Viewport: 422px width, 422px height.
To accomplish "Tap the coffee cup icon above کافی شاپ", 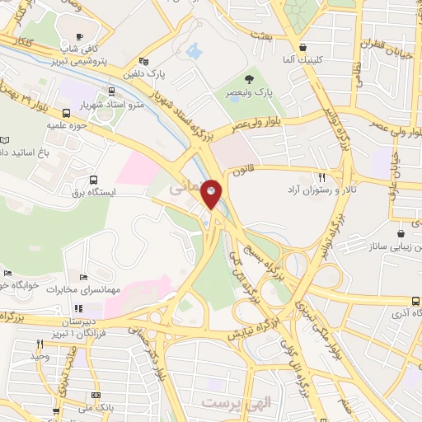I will (x=80, y=36).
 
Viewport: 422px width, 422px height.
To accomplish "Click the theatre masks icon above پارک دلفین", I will (x=143, y=60).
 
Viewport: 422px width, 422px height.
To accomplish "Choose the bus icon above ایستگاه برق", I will (x=91, y=180).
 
